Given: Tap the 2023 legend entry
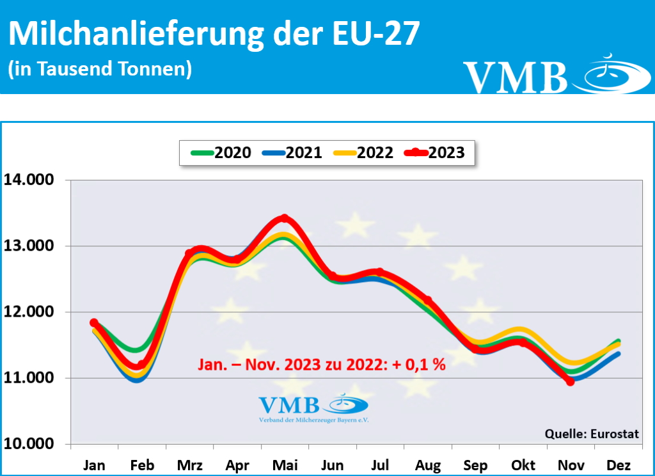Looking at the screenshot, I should click(435, 153).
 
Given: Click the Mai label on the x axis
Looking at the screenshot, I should click(285, 465).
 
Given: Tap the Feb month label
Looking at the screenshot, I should click(141, 465).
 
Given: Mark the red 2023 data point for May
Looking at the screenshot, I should click(285, 218).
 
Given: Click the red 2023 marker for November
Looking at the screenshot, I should click(571, 381).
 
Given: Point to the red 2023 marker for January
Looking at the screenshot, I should click(94, 322).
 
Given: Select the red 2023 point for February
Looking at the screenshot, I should click(141, 365).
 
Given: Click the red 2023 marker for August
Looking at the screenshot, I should click(427, 300).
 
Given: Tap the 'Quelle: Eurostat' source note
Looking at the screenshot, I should click(591, 434).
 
